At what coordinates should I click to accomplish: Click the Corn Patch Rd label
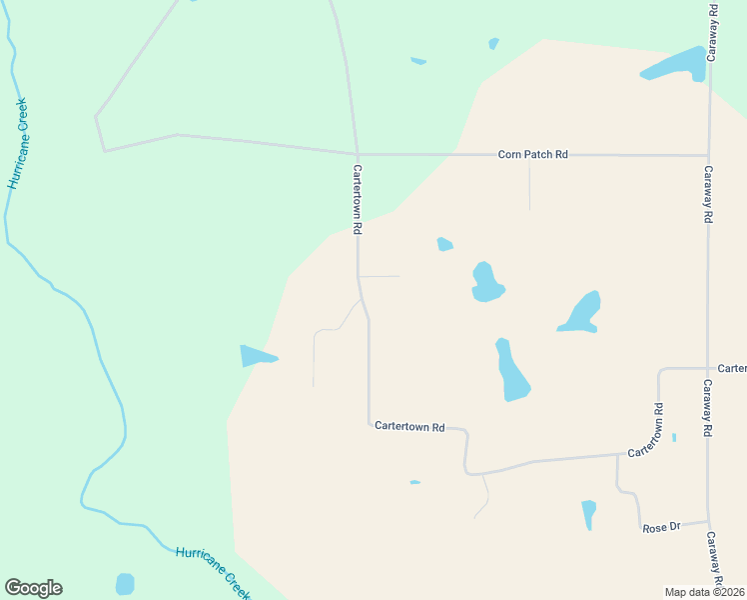point(533,154)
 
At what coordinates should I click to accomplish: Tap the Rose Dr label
point(660,527)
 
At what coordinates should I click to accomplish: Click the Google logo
point(33,588)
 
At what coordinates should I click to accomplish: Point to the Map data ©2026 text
point(705,592)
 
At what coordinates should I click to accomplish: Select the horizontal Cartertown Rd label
point(409,426)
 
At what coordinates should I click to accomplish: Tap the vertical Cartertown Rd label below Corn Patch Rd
point(357,199)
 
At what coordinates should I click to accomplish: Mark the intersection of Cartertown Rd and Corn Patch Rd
point(357,155)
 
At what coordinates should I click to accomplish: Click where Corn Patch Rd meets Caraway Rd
point(708,155)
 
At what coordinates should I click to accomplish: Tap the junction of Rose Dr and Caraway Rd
point(709,521)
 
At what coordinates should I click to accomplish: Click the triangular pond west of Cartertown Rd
point(256,355)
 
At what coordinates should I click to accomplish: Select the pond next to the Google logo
point(125,584)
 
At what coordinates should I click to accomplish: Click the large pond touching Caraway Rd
point(679,64)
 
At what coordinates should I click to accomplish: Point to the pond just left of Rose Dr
point(589,513)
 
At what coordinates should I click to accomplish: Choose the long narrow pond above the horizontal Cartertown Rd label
point(511,370)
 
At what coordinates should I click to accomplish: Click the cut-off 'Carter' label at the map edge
point(732,368)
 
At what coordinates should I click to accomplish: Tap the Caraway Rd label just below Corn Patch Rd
point(707,194)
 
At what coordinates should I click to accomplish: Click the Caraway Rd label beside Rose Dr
point(713,557)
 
